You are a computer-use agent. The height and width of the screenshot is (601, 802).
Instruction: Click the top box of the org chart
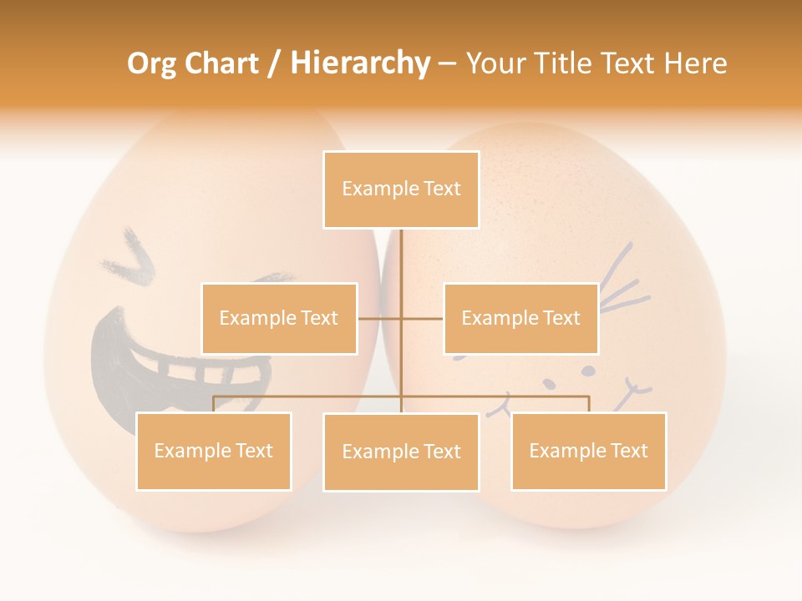click(x=401, y=189)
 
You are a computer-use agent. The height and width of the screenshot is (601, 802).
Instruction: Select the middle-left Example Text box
click(x=279, y=318)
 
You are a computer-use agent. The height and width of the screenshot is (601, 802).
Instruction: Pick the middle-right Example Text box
click(x=520, y=318)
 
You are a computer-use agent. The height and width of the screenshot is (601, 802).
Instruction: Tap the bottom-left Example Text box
click(x=214, y=451)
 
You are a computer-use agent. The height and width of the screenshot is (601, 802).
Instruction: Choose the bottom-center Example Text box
click(x=401, y=452)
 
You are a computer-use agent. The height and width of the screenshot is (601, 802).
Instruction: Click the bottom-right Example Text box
click(x=588, y=451)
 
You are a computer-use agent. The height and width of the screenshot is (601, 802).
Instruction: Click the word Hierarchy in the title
click(x=360, y=63)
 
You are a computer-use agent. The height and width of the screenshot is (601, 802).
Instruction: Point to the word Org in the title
click(x=151, y=63)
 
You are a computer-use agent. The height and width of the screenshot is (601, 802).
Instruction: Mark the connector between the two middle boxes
click(x=400, y=318)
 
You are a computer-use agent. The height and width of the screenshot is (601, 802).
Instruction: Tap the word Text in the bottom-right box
click(x=628, y=451)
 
